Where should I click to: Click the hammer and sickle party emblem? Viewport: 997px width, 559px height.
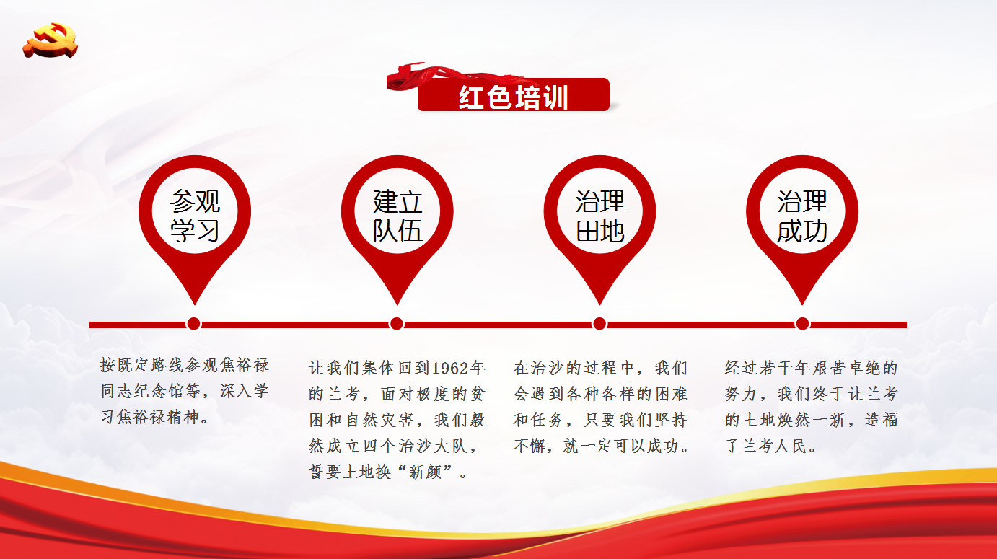tap(50, 40)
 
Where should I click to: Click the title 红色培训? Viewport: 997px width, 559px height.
tap(513, 97)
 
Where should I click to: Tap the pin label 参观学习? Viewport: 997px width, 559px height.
tap(195, 216)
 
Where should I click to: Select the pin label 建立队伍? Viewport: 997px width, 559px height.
tap(397, 216)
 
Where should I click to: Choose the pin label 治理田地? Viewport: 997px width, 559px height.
tap(599, 216)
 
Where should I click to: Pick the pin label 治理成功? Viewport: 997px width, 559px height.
tap(802, 216)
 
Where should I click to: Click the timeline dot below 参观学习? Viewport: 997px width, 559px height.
tap(193, 324)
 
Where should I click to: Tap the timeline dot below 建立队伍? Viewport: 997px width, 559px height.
tap(397, 324)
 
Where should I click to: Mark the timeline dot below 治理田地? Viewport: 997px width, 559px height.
tap(599, 324)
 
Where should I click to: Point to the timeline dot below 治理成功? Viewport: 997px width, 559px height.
tap(802, 324)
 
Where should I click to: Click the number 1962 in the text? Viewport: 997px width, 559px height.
tap(450, 368)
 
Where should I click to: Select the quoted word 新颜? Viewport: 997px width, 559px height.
tap(425, 472)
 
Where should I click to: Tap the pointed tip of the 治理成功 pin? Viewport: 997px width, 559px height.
tap(802, 304)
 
